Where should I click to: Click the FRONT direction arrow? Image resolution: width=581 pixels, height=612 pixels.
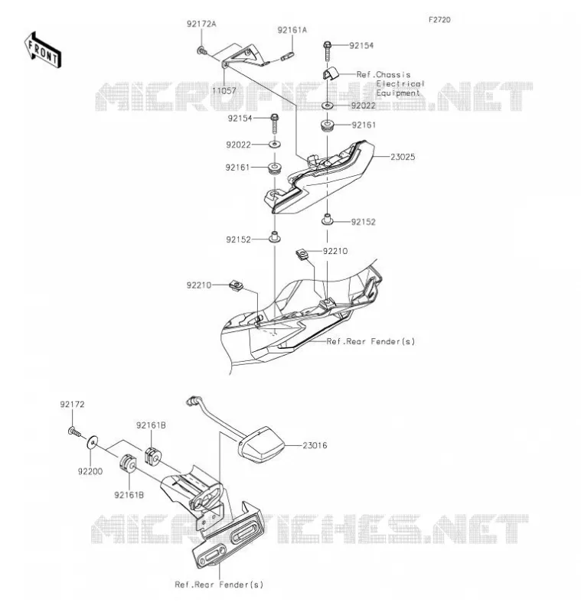(x=43, y=50)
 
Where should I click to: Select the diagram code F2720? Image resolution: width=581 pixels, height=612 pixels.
(x=439, y=20)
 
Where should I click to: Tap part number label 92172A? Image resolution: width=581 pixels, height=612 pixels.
(x=201, y=24)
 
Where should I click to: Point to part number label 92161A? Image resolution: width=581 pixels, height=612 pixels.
(x=292, y=30)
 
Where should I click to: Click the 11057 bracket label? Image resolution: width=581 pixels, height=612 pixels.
(x=224, y=90)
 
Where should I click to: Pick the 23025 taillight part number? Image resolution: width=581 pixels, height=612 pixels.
(x=403, y=157)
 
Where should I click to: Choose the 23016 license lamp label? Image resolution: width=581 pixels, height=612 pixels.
(x=315, y=445)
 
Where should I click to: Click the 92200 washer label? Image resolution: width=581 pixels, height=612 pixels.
(x=90, y=471)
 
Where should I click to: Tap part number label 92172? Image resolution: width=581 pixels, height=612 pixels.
(x=72, y=405)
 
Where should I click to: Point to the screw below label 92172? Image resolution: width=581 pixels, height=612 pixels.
(x=75, y=432)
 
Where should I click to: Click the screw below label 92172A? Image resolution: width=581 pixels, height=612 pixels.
(x=201, y=50)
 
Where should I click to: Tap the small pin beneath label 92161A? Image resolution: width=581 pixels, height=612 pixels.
(x=287, y=57)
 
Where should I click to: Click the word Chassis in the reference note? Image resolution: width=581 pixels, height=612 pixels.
(x=393, y=74)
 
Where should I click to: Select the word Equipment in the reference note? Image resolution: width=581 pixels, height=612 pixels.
(x=398, y=93)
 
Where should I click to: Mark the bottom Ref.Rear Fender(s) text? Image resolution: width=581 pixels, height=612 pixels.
(x=219, y=584)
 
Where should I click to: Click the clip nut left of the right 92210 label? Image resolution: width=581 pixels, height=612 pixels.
(x=302, y=255)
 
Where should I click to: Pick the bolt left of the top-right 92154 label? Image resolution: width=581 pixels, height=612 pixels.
(x=327, y=50)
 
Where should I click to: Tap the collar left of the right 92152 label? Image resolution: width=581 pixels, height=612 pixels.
(x=327, y=220)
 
